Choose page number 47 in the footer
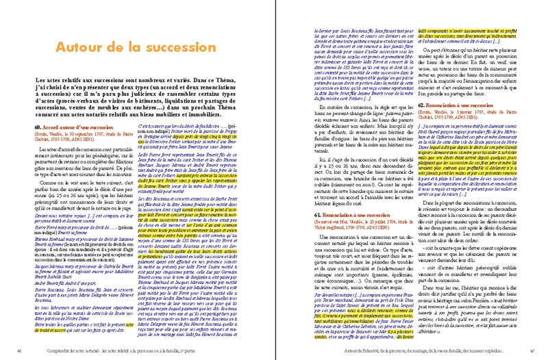tap(522, 351)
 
